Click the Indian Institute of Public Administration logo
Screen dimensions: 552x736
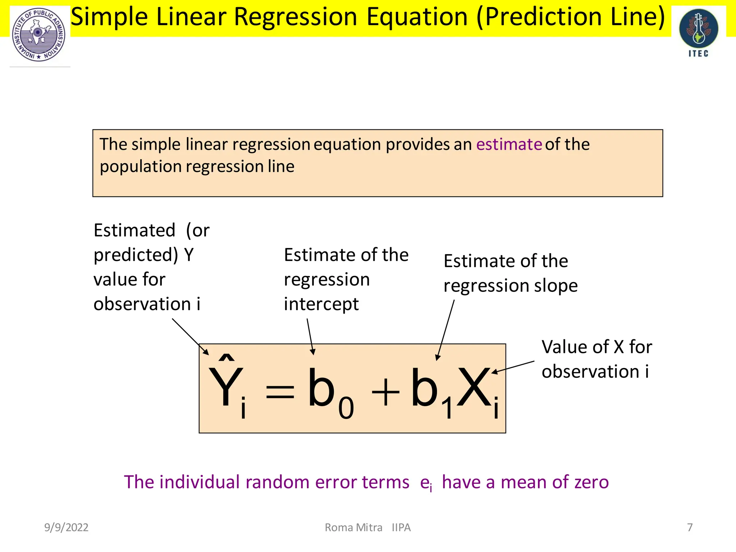(39, 35)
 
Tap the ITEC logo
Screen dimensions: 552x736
(698, 32)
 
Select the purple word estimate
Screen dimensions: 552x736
(509, 144)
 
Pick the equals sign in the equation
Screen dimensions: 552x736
(280, 392)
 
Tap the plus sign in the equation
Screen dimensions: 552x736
(385, 392)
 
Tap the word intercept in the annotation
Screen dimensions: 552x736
(321, 304)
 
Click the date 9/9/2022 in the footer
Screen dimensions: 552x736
(66, 528)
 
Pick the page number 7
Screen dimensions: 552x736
(690, 528)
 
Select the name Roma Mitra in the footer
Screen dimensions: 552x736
(353, 528)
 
